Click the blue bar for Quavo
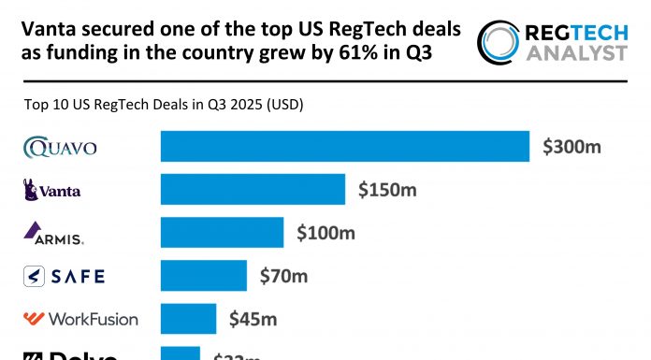[x=345, y=147]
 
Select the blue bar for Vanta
[x=253, y=190]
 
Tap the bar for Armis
[x=222, y=233]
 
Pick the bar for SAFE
[x=204, y=276]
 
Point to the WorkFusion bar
[x=188, y=319]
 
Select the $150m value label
[x=387, y=190]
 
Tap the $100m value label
[x=325, y=233]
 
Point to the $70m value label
[x=282, y=276]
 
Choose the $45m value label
[x=253, y=319]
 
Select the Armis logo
[x=53, y=233]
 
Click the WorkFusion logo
[x=80, y=319]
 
